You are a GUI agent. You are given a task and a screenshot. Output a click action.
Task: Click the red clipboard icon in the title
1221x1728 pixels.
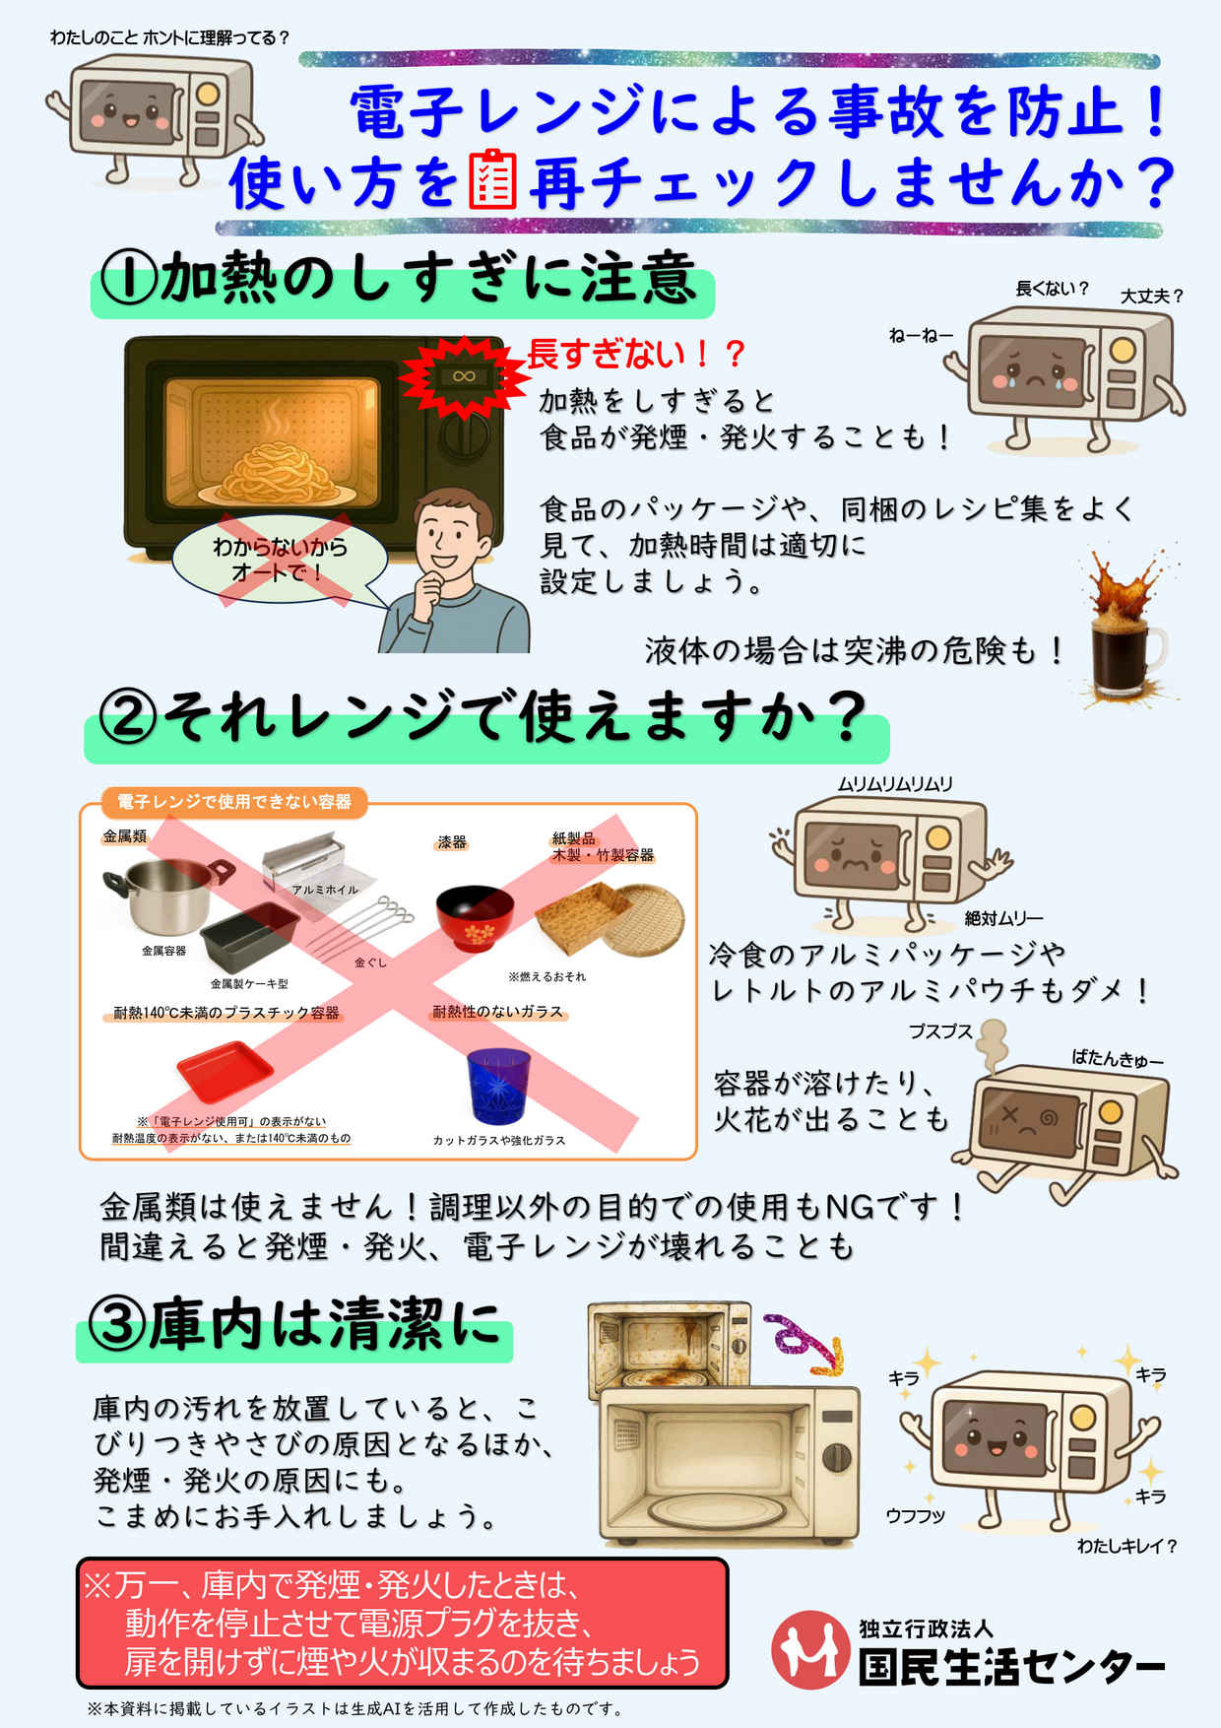492,179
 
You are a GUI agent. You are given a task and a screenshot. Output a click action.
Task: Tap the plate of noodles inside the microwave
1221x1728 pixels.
273,476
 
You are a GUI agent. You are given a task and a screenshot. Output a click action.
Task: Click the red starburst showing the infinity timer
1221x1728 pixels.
464,377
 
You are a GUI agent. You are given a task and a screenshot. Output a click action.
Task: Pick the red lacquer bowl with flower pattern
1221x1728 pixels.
475,917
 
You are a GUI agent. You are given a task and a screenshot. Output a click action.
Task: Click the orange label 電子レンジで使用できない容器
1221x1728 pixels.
233,802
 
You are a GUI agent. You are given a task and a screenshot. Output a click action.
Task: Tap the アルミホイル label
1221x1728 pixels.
325,890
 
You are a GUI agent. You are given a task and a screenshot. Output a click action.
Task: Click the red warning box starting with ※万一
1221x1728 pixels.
403,1623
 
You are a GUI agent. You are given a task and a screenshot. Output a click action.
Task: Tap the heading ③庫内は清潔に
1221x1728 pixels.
294,1325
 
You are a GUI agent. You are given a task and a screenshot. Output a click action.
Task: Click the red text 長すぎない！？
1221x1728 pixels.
636,354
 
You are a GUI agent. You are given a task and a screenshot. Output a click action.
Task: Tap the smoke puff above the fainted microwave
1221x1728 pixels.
992,1044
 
